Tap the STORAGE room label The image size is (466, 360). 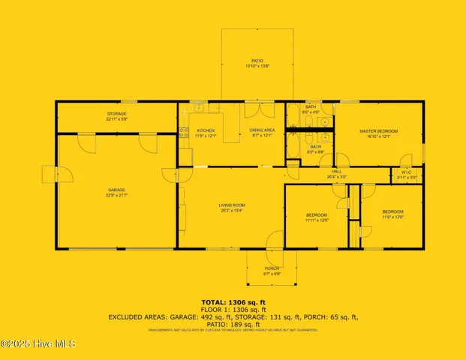tap(116, 113)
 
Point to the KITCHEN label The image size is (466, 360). tap(206, 130)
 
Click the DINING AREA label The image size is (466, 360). tap(261, 130)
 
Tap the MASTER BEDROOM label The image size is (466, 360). tap(379, 131)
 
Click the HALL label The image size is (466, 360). tap(337, 172)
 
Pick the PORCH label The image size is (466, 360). tap(272, 268)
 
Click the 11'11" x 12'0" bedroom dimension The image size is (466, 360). tap(317, 220)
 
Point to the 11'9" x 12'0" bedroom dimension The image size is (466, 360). tap(393, 217)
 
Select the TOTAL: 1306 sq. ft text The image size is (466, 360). tap(233, 300)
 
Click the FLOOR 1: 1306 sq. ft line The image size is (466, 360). tap(233, 308)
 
